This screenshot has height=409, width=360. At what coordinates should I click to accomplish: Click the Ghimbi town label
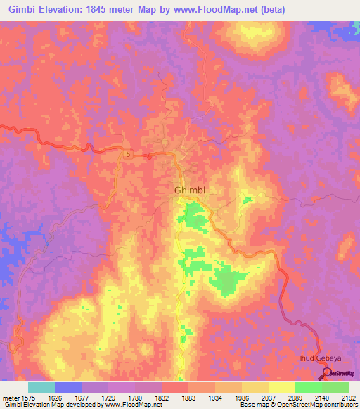pos(188,190)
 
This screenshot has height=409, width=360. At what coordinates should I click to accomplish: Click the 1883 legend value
pos(188,397)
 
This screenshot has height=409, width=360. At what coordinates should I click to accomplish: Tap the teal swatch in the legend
pos(41,387)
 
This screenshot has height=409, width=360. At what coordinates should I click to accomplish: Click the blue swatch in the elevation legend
pos(67,387)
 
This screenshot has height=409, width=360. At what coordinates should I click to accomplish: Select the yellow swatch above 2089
pos(281,387)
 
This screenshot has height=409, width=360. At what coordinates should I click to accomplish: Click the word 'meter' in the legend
pos(10,397)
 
